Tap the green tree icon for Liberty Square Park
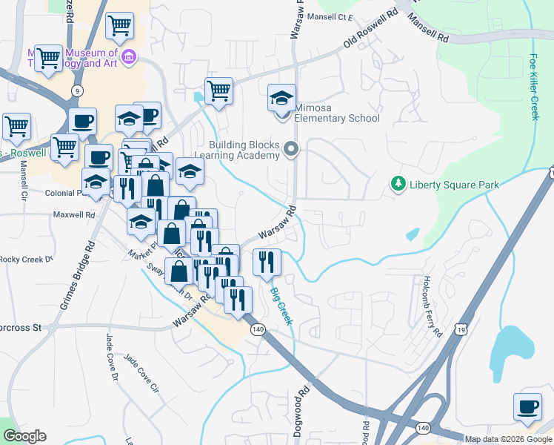point(398,183)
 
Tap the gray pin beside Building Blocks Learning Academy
point(291,151)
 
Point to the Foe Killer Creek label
point(534,86)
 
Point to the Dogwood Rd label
point(303,405)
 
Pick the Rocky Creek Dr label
point(27,260)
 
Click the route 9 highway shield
point(77,90)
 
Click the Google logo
point(24,436)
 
